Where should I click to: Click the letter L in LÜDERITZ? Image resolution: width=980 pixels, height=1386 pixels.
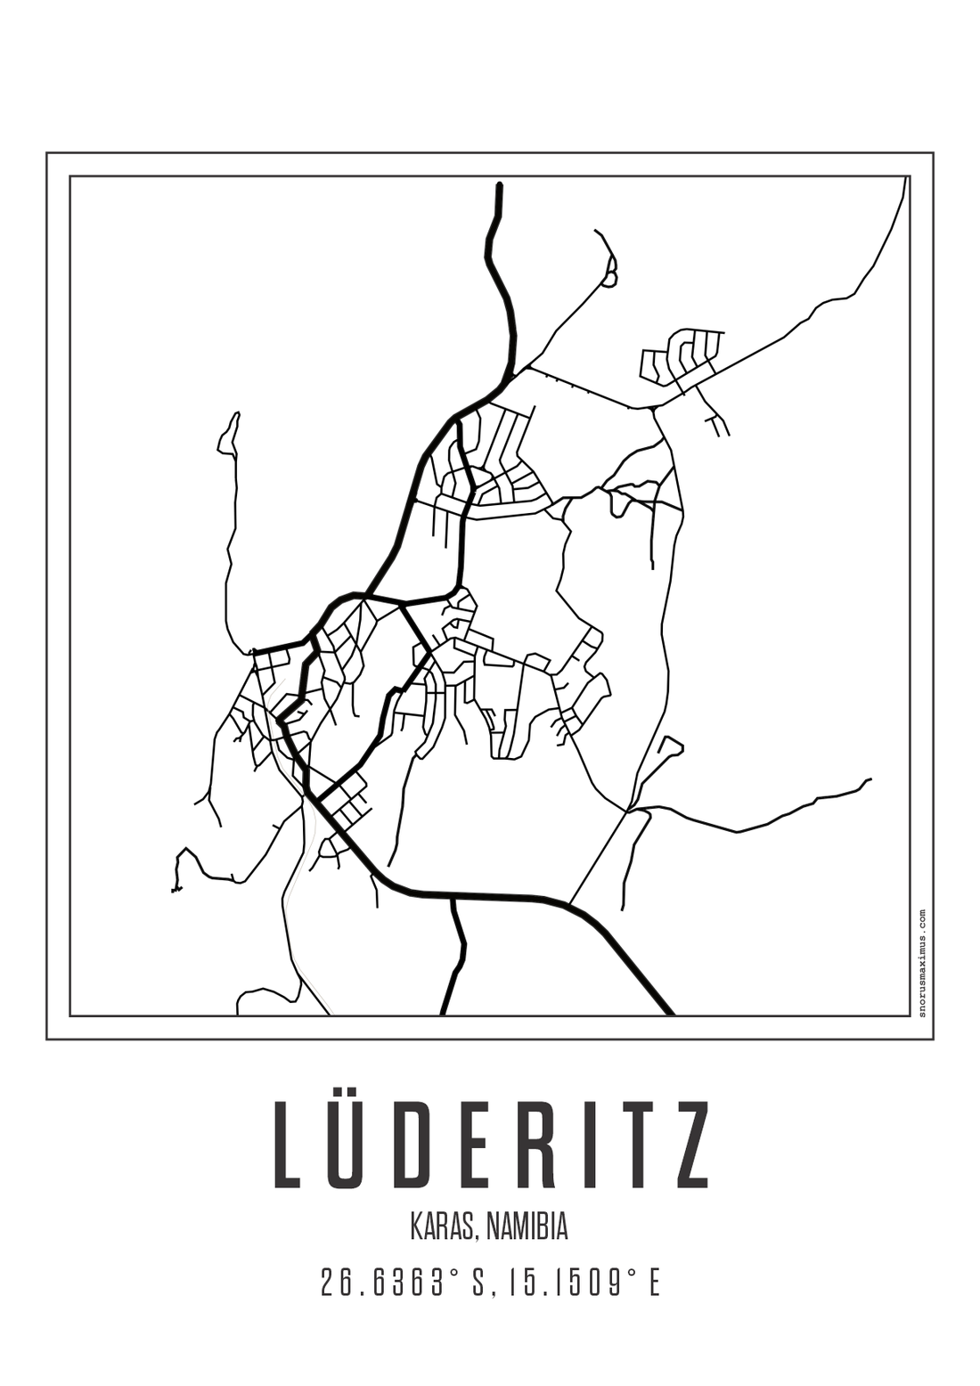(x=290, y=1145)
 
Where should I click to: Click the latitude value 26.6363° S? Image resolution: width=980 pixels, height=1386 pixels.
(x=401, y=1284)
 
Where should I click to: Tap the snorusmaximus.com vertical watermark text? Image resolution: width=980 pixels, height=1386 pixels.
(x=921, y=962)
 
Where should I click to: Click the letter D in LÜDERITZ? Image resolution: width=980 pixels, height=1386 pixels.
(x=424, y=1145)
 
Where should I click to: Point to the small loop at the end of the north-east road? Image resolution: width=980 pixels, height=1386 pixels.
(x=609, y=279)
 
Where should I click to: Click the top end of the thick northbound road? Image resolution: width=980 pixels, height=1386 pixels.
(x=499, y=186)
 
